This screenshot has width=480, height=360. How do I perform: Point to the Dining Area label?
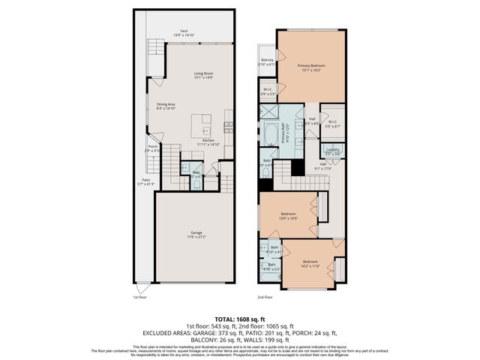tap(166, 106)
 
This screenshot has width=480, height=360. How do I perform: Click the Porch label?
tap(152, 148)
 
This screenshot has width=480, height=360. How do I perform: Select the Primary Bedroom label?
tap(311, 67)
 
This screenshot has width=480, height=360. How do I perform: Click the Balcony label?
tap(267, 60)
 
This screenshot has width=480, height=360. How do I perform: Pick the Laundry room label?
tap(333, 150)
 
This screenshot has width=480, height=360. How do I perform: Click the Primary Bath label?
tap(285, 135)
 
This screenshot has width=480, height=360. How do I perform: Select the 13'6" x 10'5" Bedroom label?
tap(289, 214)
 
